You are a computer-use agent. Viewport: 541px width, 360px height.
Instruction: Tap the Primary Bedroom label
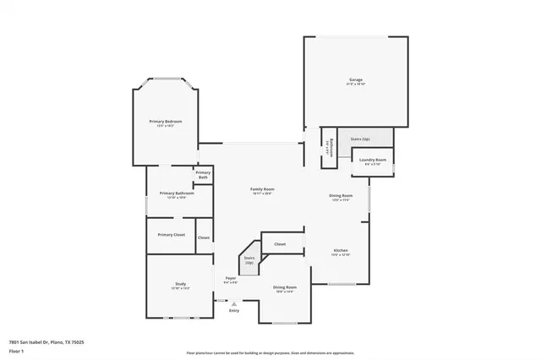[x=166, y=122]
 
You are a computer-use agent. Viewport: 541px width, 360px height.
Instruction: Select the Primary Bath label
[x=203, y=175]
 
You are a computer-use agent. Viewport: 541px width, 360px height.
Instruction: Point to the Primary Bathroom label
[x=177, y=193]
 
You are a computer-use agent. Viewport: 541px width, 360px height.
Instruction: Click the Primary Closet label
[x=171, y=234]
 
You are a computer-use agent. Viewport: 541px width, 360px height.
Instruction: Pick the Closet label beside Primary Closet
[x=204, y=237]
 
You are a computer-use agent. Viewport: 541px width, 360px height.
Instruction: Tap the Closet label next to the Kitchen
[x=280, y=243]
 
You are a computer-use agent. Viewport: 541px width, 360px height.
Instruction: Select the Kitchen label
[x=341, y=250]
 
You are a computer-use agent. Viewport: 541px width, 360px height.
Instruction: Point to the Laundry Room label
[x=373, y=160]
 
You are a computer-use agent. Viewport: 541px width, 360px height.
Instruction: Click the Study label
[x=180, y=284]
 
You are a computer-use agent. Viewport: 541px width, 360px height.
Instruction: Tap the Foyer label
[x=230, y=278]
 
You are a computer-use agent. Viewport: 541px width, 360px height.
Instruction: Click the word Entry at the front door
[x=234, y=310]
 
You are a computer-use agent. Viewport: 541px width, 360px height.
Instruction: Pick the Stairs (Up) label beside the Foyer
[x=249, y=260]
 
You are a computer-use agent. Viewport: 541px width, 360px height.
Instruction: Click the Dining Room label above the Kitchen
[x=341, y=195]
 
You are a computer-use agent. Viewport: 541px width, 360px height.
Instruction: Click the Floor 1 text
[x=16, y=350]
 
